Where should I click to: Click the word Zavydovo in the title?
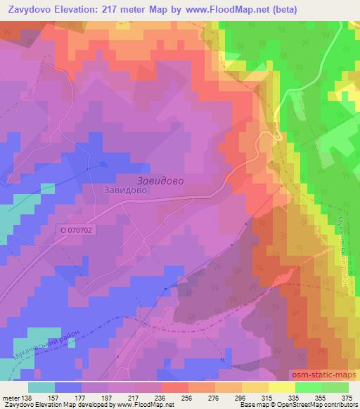(x=32, y=10)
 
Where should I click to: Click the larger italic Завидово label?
(x=156, y=181)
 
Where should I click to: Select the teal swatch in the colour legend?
(x=41, y=387)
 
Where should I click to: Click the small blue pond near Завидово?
(x=103, y=164)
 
